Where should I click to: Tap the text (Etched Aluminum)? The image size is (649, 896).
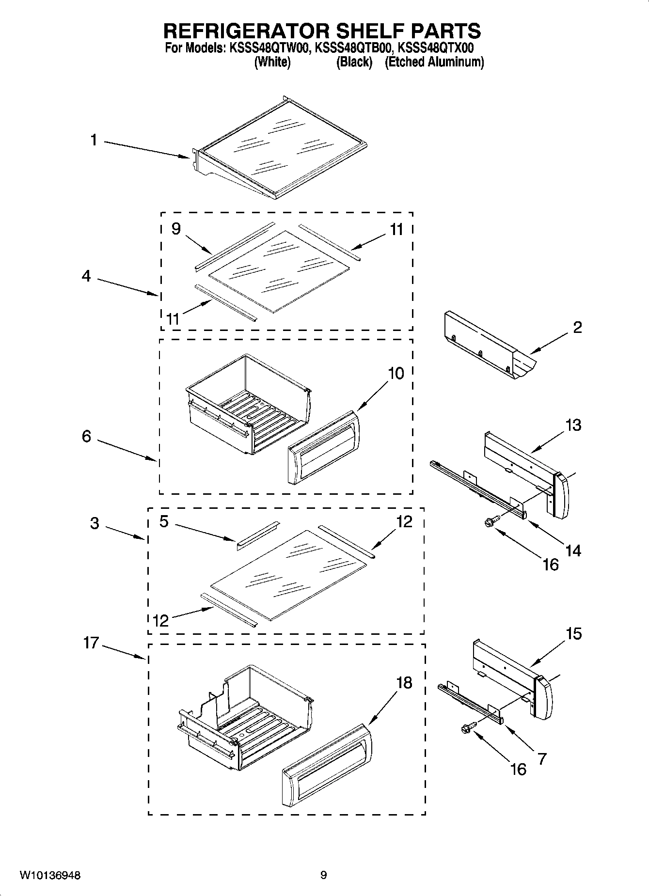click(434, 62)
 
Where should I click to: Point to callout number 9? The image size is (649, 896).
click(176, 229)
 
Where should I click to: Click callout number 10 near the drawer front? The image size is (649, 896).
click(396, 374)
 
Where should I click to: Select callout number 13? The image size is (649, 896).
click(573, 425)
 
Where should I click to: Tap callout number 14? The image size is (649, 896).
click(573, 550)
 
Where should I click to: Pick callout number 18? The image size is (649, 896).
click(404, 683)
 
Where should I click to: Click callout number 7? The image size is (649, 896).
click(542, 758)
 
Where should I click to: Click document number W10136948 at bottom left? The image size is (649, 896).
click(50, 875)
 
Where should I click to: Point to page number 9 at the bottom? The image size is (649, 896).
click(323, 875)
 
